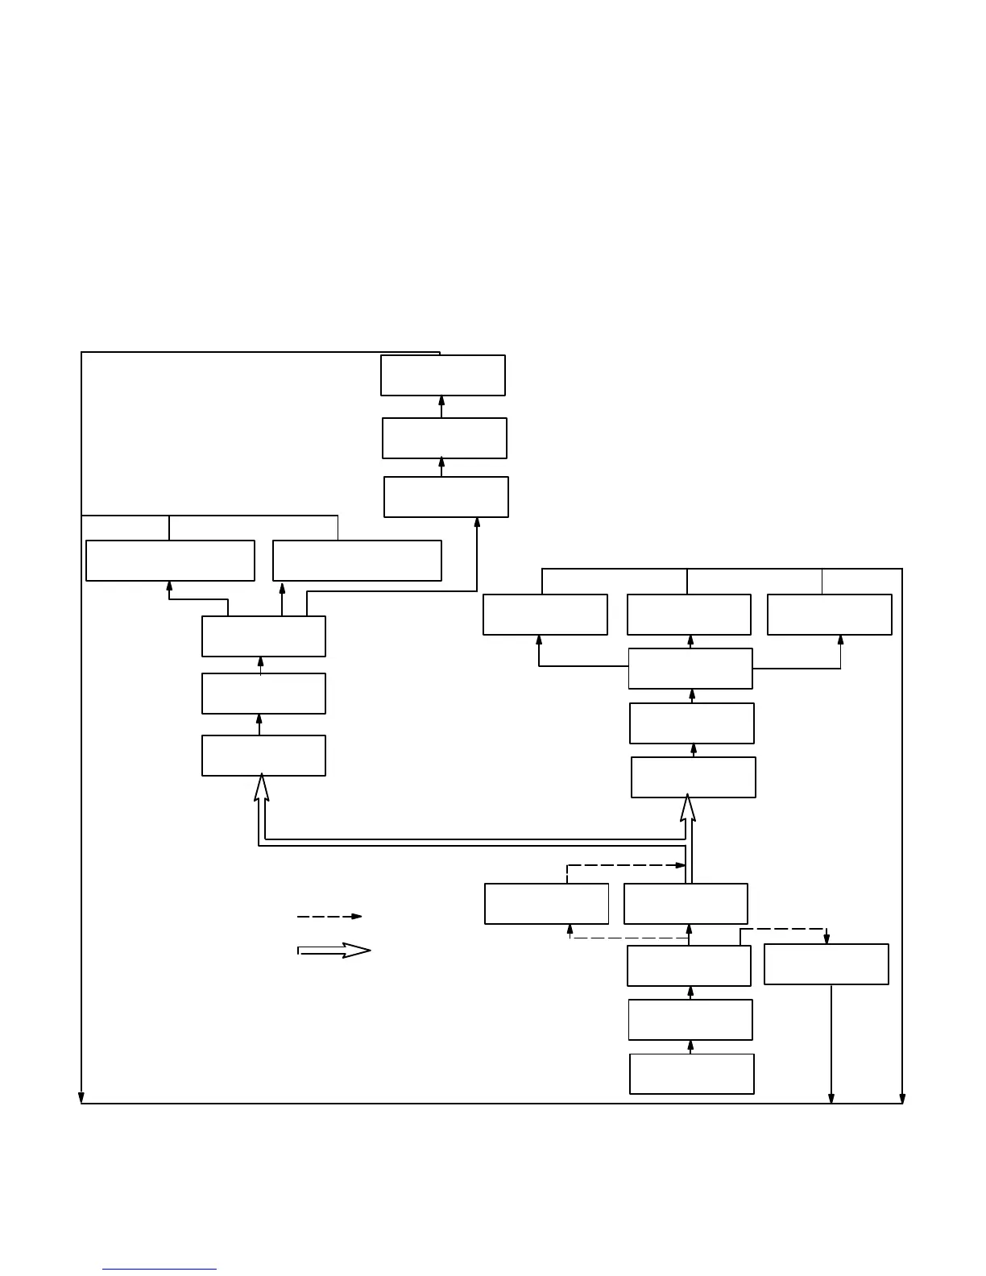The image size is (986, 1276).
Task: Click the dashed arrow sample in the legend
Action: (x=329, y=916)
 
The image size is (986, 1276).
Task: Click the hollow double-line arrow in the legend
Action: (x=334, y=951)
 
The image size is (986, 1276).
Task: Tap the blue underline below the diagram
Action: (x=159, y=1270)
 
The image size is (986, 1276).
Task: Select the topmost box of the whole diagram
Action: (x=443, y=375)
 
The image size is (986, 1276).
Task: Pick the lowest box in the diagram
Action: (x=691, y=1074)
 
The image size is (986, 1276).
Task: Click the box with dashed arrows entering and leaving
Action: (x=546, y=904)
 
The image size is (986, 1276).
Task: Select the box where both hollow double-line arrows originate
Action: (x=686, y=904)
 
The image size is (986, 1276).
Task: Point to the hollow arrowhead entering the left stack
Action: (x=261, y=787)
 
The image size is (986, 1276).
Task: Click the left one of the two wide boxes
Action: (x=170, y=561)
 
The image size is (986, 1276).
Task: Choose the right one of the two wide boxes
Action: (x=357, y=561)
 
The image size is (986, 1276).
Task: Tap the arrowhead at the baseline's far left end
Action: (x=81, y=1098)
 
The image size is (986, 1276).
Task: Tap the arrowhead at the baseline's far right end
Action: (x=902, y=1098)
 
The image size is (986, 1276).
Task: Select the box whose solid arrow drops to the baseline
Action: (x=826, y=964)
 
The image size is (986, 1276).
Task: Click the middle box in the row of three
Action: (x=689, y=615)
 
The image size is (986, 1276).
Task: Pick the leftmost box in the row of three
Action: (x=545, y=615)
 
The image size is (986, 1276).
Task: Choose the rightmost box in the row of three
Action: (x=829, y=615)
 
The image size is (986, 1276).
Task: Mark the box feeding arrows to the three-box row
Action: (x=690, y=669)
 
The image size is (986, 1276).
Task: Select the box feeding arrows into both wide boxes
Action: (x=263, y=636)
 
